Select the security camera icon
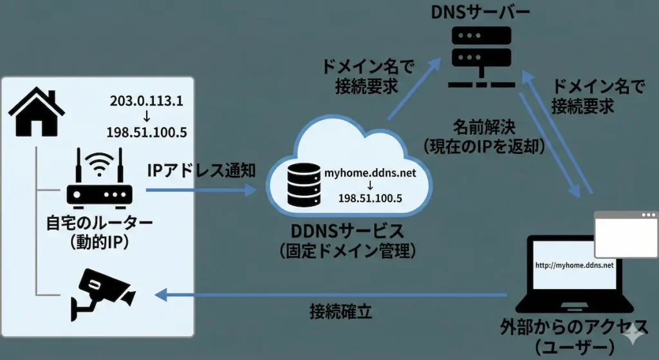pyautogui.click(x=103, y=292)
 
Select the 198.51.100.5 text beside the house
pyautogui.click(x=147, y=133)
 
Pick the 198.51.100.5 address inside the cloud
pyautogui.click(x=370, y=198)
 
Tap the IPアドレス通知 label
pyautogui.click(x=201, y=171)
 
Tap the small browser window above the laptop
pyautogui.click(x=625, y=234)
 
